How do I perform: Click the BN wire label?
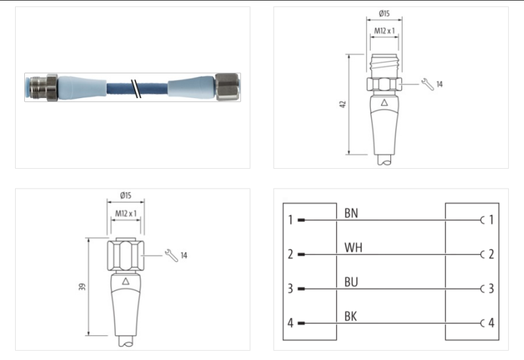tap(351, 213)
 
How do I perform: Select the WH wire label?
tap(353, 248)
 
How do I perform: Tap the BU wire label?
tap(351, 282)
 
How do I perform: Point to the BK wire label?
tap(351, 317)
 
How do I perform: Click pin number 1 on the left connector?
tap(290, 220)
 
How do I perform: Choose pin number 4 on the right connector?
tap(491, 323)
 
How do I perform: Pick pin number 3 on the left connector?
tap(290, 289)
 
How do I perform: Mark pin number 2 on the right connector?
tap(491, 254)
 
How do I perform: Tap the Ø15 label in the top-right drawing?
tap(386, 14)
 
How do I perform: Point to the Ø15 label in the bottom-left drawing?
tap(126, 195)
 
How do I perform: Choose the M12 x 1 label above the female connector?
tap(126, 213)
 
